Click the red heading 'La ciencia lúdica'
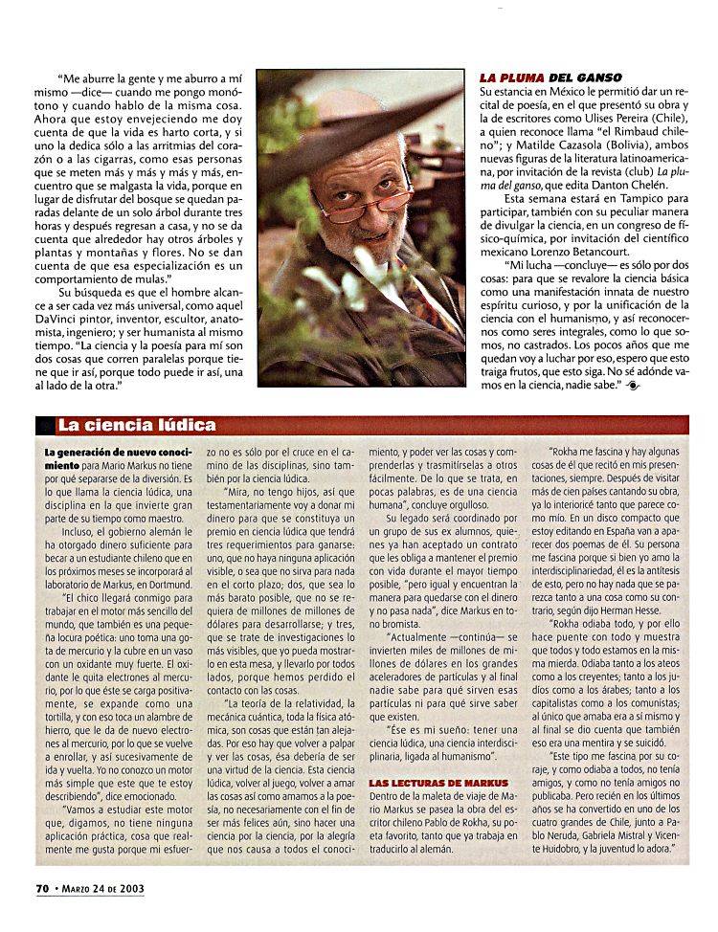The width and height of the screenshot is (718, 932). pos(137,425)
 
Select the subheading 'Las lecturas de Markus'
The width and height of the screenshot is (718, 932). pos(439,783)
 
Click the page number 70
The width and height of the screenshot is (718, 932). pos(42,887)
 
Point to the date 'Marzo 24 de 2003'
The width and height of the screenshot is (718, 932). pos(103,888)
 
